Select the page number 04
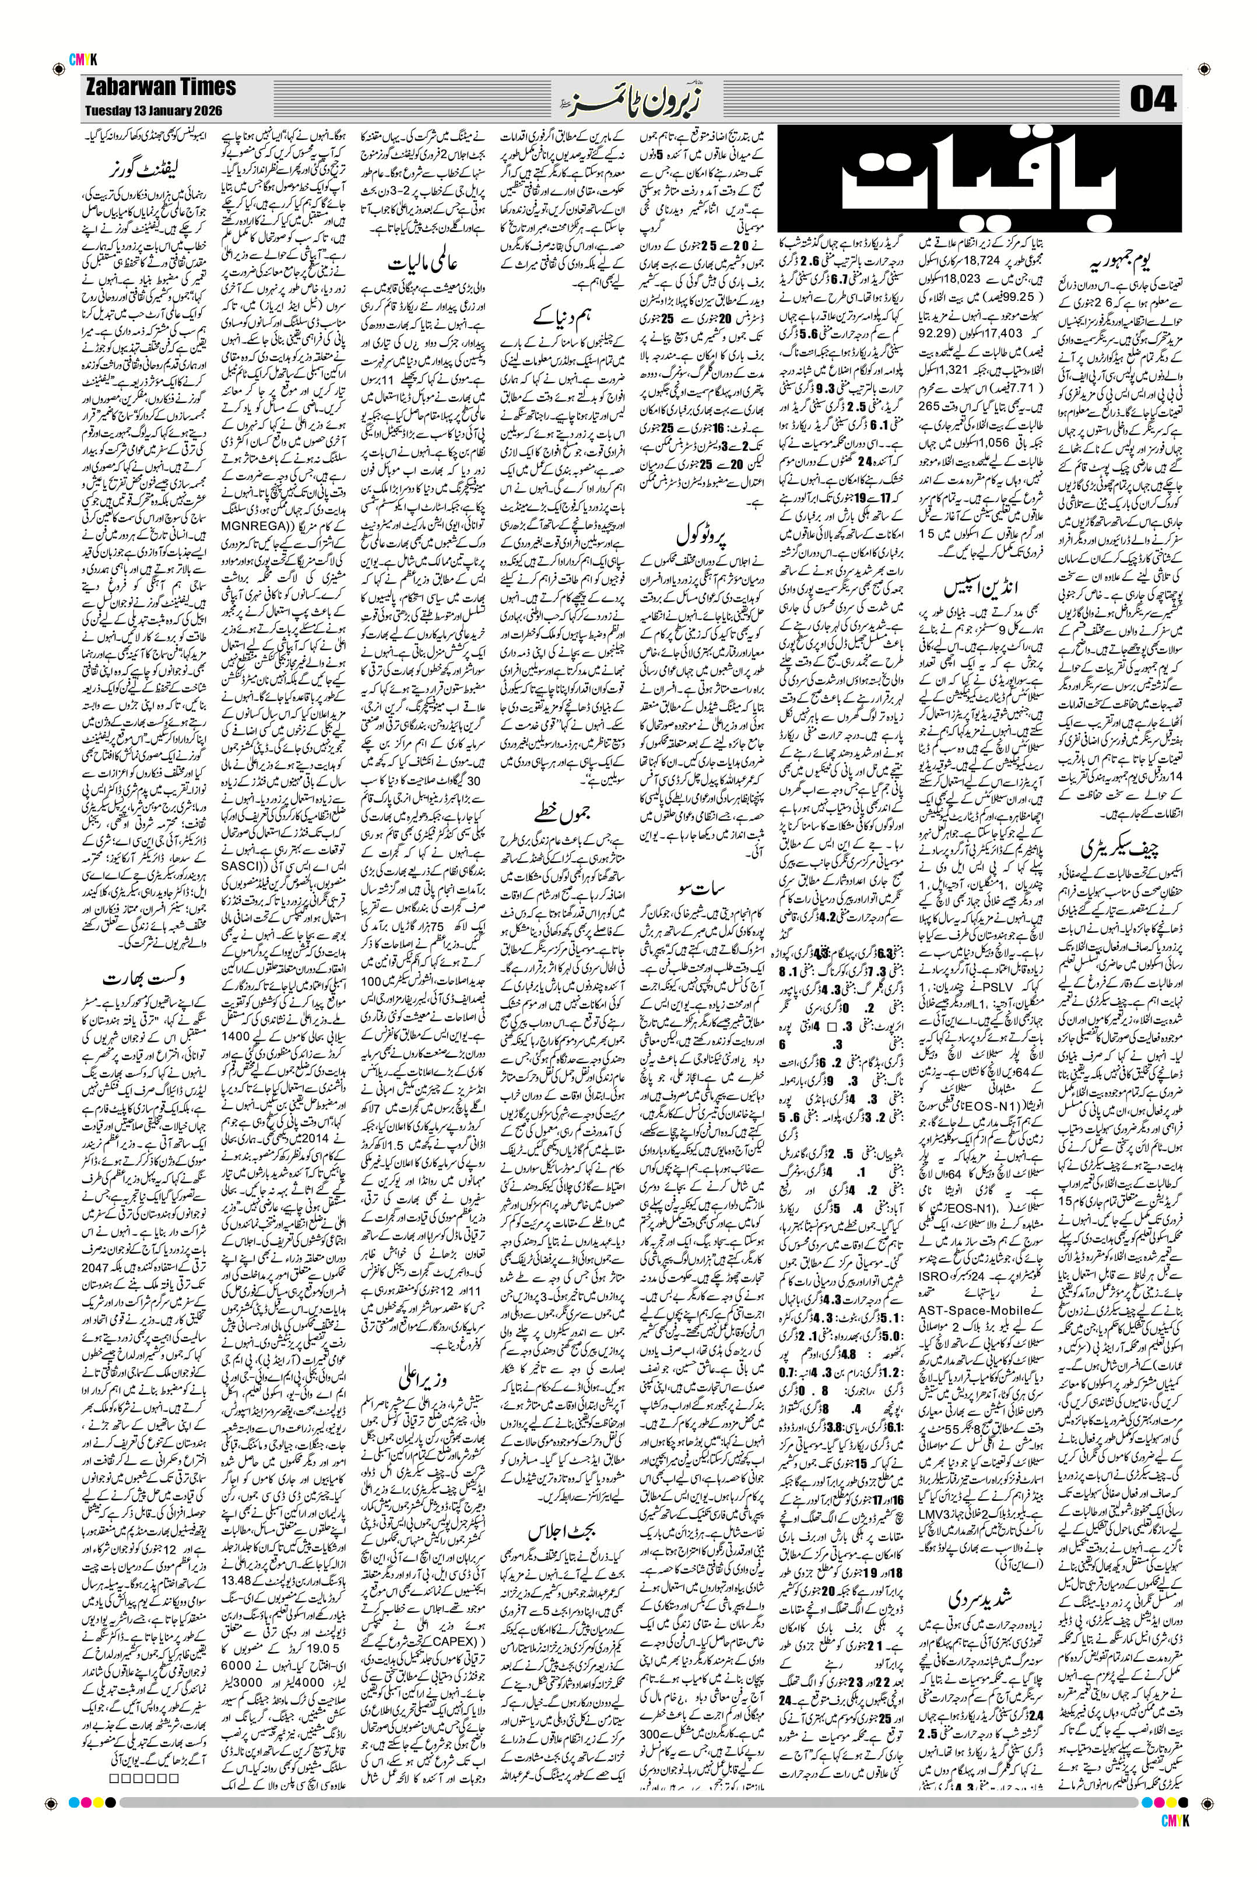coord(1152,100)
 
